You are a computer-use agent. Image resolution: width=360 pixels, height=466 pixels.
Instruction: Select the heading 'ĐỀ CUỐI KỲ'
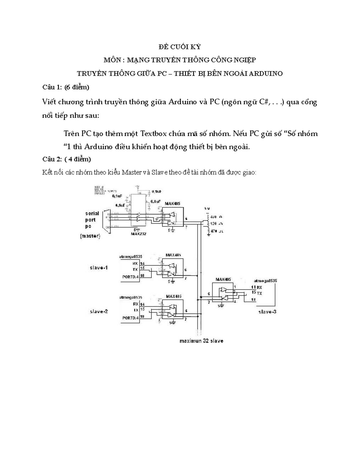(x=180, y=47)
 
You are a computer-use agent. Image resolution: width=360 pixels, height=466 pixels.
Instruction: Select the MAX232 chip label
(x=138, y=234)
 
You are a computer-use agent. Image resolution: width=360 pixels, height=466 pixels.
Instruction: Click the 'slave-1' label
(x=99, y=267)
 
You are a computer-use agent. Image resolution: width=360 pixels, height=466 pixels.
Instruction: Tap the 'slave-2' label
(x=99, y=311)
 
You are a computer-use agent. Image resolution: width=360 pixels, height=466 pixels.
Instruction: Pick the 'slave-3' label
(x=267, y=312)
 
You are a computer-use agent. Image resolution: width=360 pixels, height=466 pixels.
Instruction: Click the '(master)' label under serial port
(x=90, y=236)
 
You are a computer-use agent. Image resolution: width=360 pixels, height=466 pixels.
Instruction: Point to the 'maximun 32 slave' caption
(x=201, y=341)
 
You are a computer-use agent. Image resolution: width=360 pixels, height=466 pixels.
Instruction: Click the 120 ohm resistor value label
(x=214, y=224)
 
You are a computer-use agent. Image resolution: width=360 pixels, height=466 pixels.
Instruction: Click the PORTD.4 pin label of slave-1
(x=130, y=277)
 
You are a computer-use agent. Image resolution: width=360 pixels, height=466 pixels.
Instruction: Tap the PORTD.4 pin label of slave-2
(x=130, y=318)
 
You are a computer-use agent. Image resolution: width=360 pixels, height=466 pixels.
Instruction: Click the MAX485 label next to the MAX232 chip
(x=172, y=203)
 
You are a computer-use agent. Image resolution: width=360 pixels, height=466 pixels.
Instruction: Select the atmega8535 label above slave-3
(x=265, y=281)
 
